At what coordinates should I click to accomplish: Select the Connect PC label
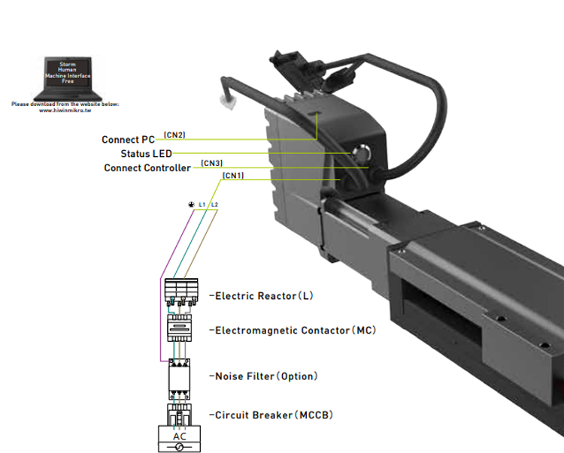(128, 140)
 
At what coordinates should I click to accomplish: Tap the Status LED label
(146, 154)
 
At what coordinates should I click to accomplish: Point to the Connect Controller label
(147, 168)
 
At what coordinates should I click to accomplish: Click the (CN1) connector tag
(233, 176)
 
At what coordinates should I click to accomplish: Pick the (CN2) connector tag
(174, 135)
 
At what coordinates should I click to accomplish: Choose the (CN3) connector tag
(211, 163)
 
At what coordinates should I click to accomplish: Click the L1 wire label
(202, 204)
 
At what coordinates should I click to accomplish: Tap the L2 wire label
(215, 204)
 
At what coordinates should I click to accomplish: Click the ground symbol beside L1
(191, 205)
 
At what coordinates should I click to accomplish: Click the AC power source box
(180, 439)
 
